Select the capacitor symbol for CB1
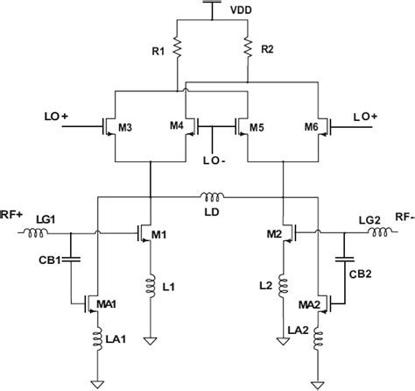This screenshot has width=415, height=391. pos(71,259)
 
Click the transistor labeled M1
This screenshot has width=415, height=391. pos(144,234)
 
